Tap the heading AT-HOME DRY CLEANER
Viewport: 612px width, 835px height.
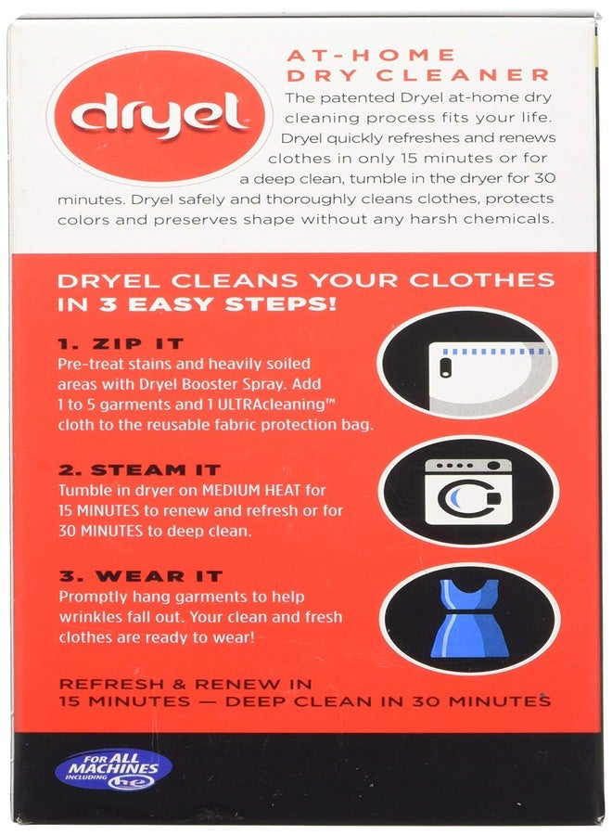point(416,65)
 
